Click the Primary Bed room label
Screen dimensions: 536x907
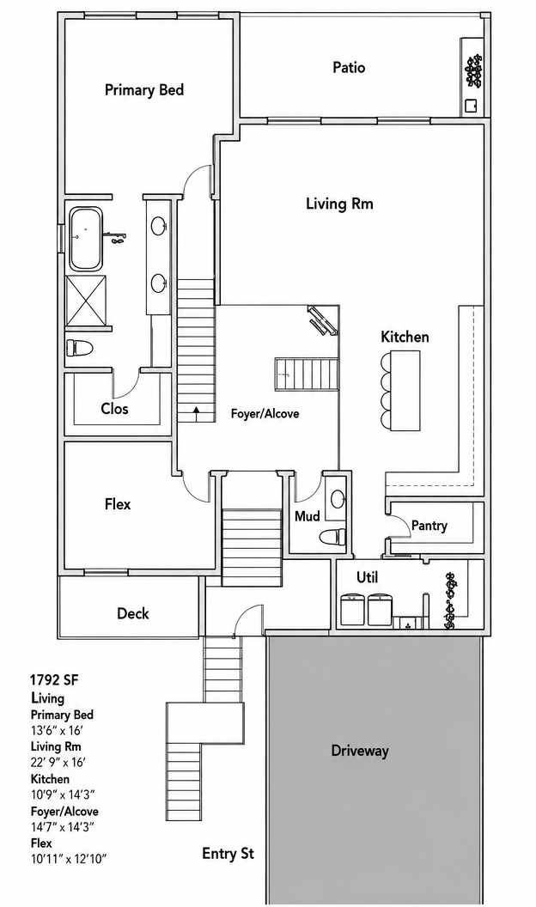pos(144,89)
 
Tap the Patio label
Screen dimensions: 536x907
pos(349,68)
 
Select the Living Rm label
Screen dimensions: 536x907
pos(339,204)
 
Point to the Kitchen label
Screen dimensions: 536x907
pos(405,337)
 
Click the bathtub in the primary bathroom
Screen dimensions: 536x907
pos(86,239)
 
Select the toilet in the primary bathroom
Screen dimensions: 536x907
pos(80,348)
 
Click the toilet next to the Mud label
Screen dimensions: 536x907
pos(332,536)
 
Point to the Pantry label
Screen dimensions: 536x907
pos(429,526)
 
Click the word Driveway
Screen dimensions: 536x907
pos(360,751)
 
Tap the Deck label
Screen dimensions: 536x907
pos(133,613)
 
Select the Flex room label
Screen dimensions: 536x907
pos(118,504)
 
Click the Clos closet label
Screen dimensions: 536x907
pos(114,409)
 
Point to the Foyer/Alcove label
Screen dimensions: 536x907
pos(265,414)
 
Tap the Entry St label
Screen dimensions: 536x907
pos(228,853)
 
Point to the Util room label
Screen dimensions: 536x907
pos(367,577)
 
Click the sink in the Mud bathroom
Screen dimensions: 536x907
pos(337,496)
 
